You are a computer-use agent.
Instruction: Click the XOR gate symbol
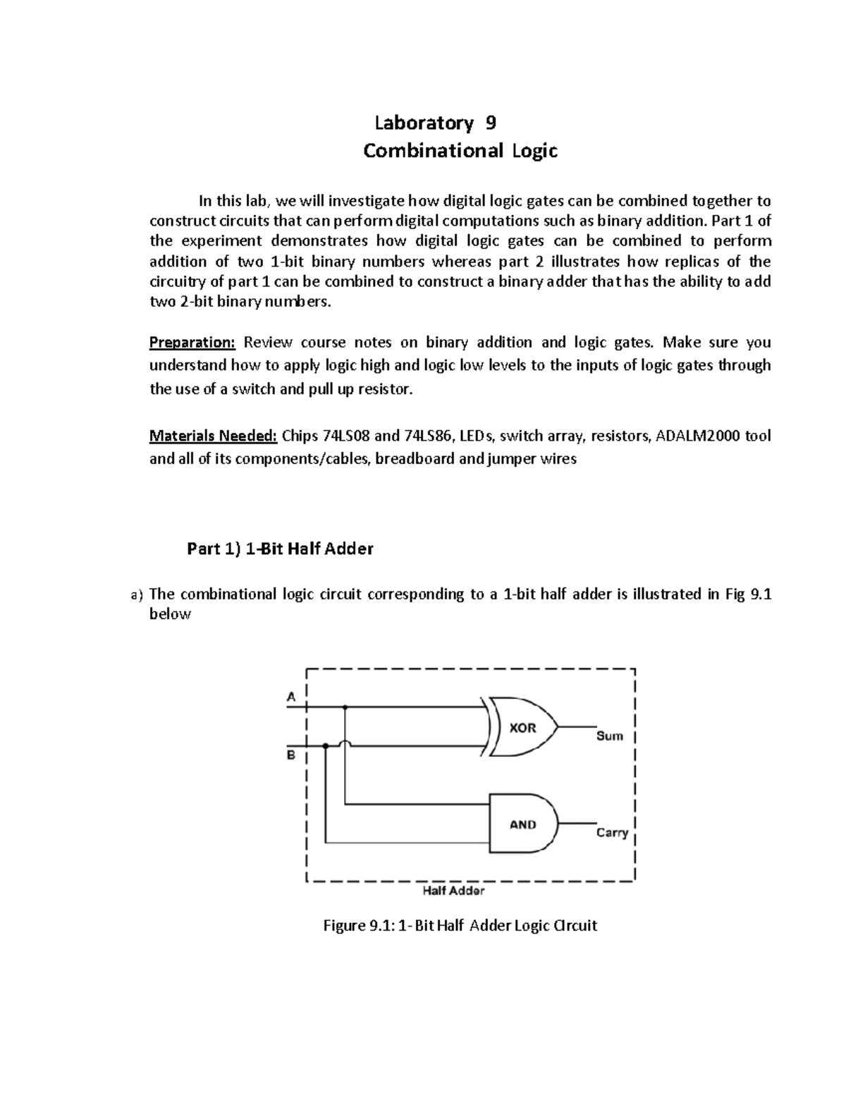click(x=522, y=727)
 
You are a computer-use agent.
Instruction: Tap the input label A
click(x=290, y=696)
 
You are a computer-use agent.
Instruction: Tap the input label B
click(x=290, y=755)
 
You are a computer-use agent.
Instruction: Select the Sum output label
click(x=609, y=736)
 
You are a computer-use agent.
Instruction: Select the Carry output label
click(x=611, y=833)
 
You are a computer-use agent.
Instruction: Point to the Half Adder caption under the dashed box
click(x=453, y=891)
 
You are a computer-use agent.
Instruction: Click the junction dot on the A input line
click(x=345, y=706)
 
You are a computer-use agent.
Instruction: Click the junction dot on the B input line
click(x=326, y=745)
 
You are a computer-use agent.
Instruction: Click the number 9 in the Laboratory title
click(x=491, y=123)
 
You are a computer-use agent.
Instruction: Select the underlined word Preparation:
click(x=192, y=343)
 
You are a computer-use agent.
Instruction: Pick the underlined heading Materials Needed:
click(x=213, y=436)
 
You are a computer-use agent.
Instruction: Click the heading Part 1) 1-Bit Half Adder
click(x=280, y=549)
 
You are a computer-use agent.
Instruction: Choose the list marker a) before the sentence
click(x=137, y=595)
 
